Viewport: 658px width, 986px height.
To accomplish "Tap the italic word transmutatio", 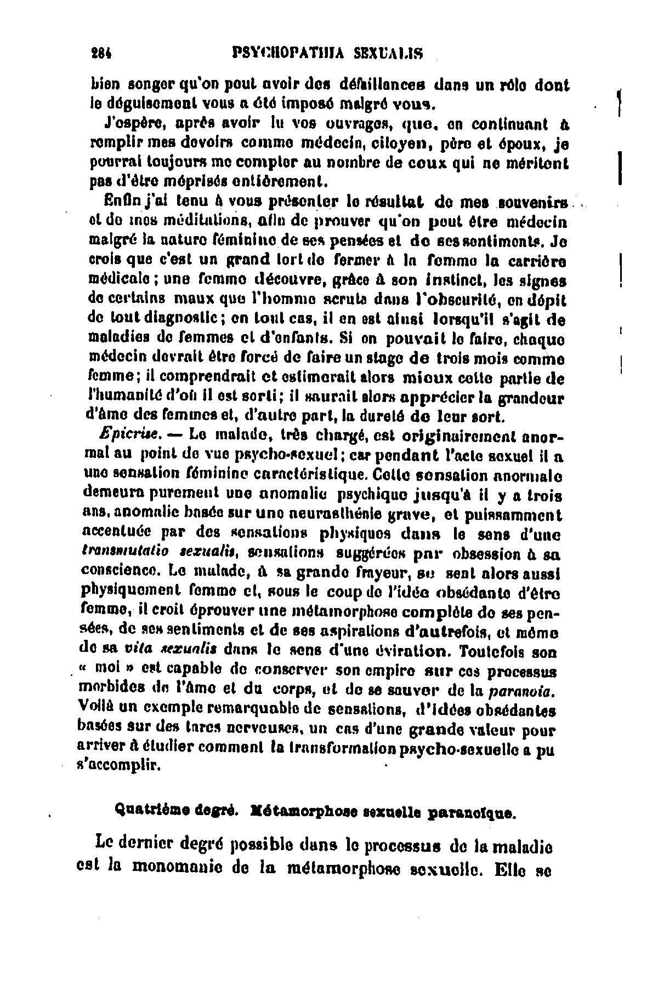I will click(x=120, y=554).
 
